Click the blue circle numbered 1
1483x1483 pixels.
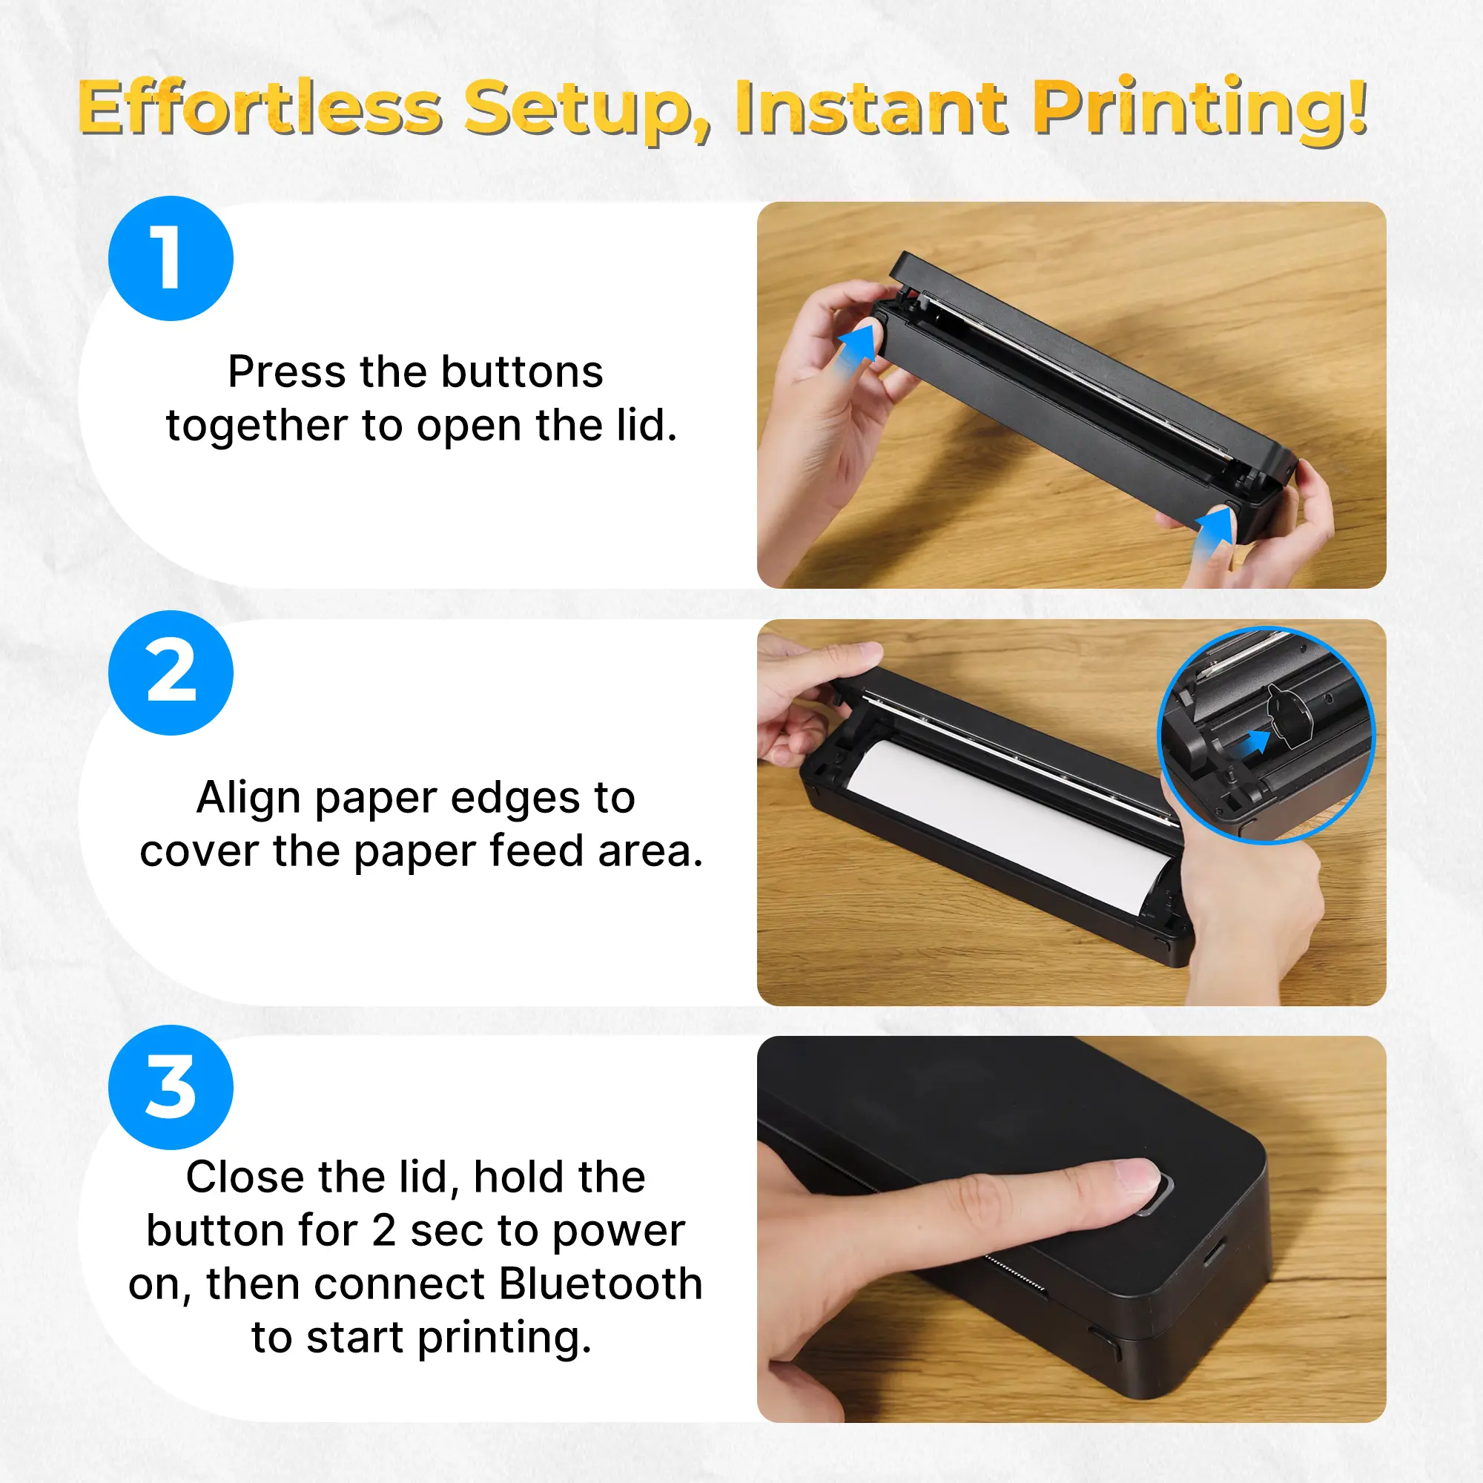pyautogui.click(x=171, y=258)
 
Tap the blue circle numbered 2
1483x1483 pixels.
pyautogui.click(x=171, y=673)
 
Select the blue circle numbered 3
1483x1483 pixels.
pyautogui.click(x=171, y=1087)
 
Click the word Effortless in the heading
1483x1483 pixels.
pyautogui.click(x=260, y=109)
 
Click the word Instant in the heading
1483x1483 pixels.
pyautogui.click(x=871, y=108)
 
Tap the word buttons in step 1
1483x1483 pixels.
pyautogui.click(x=522, y=372)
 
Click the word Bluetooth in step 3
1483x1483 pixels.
pyautogui.click(x=601, y=1284)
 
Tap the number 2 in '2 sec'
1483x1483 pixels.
pyautogui.click(x=384, y=1230)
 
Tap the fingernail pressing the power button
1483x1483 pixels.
pyautogui.click(x=1138, y=1174)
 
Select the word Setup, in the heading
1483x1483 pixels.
pyautogui.click(x=587, y=111)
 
